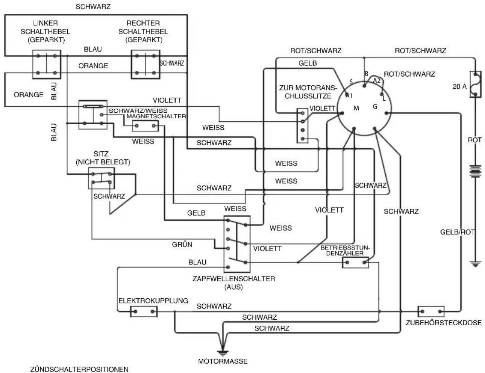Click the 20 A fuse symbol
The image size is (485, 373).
pos(475,84)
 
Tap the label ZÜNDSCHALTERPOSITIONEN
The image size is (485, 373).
pos(79,369)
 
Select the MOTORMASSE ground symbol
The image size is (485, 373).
pos(223,353)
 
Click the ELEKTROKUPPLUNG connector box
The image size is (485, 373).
pos(144,311)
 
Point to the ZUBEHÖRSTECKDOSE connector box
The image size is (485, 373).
pos(431,311)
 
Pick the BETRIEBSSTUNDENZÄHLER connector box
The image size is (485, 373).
pos(355,263)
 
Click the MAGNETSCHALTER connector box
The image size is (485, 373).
pos(145,126)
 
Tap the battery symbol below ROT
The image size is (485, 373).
pos(475,171)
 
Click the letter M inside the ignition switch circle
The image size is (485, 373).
pos(356,108)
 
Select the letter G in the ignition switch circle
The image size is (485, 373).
pos(375,107)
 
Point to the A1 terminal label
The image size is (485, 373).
pos(349,96)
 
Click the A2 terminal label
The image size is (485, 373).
pos(377,80)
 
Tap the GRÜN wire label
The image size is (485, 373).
pos(182,245)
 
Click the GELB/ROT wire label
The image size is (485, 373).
pos(458,232)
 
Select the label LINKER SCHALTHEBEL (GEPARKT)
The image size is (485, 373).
pos(45,32)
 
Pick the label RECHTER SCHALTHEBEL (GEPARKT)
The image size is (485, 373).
pos(143,32)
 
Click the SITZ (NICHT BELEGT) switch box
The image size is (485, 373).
pos(102,178)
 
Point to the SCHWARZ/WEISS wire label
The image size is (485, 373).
pos(138,110)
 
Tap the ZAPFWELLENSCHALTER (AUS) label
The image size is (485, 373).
pos(234,282)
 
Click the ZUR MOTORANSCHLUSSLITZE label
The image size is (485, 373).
pos(308,92)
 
